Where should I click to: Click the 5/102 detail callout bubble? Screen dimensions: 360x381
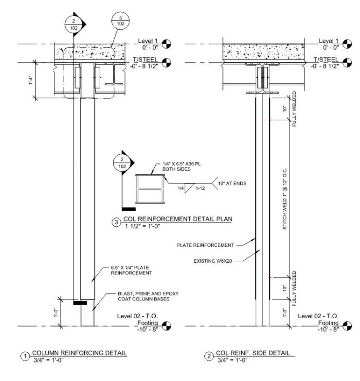(121, 21)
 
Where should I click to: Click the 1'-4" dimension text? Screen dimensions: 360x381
(31, 80)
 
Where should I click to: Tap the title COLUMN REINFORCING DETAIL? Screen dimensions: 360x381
(79, 353)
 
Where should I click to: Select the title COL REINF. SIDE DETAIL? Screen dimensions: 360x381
(253, 353)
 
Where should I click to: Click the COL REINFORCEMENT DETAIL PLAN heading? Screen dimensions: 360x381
(178, 219)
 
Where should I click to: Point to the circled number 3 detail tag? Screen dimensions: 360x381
(116, 222)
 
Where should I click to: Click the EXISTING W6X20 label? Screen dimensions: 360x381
(213, 261)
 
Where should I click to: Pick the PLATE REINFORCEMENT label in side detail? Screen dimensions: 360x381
(205, 245)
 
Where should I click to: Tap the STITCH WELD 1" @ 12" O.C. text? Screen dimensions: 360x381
(285, 199)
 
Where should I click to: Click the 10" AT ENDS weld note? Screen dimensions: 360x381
(232, 183)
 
